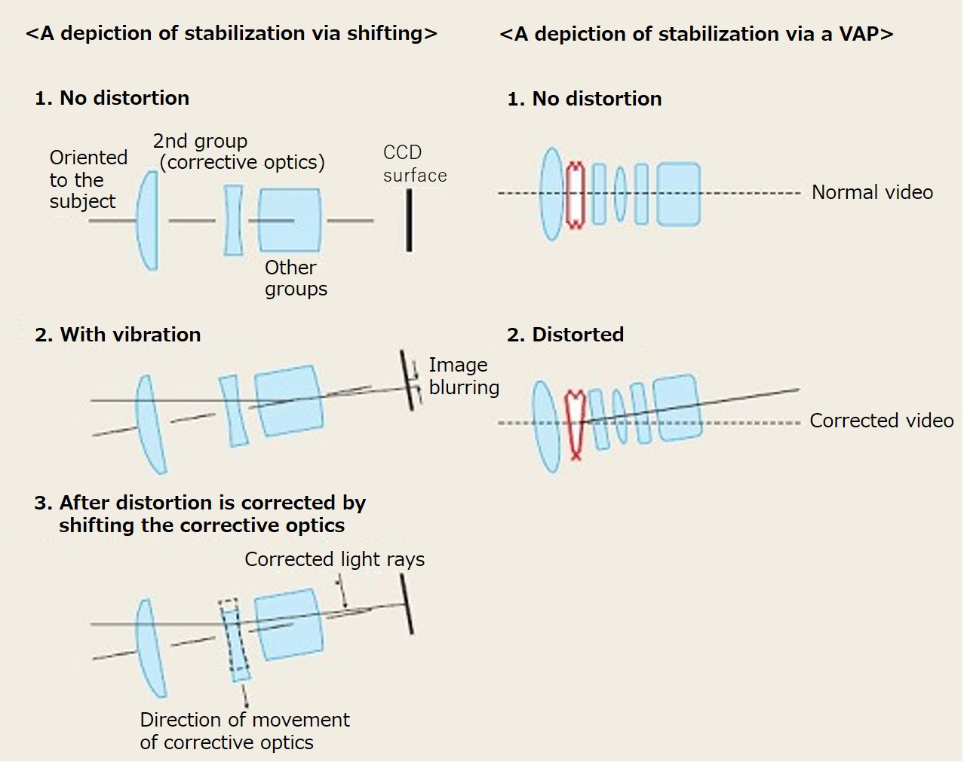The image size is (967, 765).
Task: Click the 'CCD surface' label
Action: [x=415, y=164]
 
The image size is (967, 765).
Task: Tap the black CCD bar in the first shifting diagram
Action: [x=409, y=220]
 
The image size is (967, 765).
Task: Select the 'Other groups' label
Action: [x=296, y=278]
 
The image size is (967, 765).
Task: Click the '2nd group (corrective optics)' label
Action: [x=238, y=152]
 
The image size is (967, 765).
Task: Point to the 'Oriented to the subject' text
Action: [x=88, y=179]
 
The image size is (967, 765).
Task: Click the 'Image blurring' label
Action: [x=464, y=376]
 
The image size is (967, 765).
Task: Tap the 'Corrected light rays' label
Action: [x=334, y=559]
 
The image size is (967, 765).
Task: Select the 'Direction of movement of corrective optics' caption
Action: [x=244, y=731]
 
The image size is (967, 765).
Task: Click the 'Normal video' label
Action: [x=872, y=193]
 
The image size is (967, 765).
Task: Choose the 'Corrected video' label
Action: [x=882, y=421]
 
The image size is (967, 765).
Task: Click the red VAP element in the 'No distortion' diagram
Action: [x=576, y=195]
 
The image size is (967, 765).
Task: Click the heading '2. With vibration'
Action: [x=118, y=335]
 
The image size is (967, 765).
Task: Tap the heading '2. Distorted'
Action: [x=565, y=335]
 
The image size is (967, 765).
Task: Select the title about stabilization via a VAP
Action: [x=696, y=34]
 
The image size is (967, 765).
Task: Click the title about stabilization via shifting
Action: [x=232, y=34]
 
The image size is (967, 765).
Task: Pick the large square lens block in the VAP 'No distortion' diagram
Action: [x=678, y=194]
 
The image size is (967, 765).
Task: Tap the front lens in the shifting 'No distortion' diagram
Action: [x=148, y=220]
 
